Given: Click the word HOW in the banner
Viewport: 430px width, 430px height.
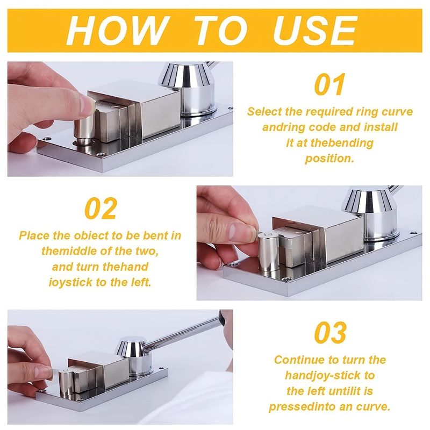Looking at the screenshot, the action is pos(117,30).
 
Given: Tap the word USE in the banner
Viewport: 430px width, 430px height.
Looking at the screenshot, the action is pos(314,30).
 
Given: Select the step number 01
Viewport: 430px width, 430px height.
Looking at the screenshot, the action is pos(329,84).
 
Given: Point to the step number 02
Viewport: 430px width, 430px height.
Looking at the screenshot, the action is pos(101,209).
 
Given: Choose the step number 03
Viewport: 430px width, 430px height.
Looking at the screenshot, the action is pos(330,332).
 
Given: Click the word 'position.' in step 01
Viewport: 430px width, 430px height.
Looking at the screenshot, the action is pos(329,159).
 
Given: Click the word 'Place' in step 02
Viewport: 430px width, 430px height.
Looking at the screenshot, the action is pos(34,235).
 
